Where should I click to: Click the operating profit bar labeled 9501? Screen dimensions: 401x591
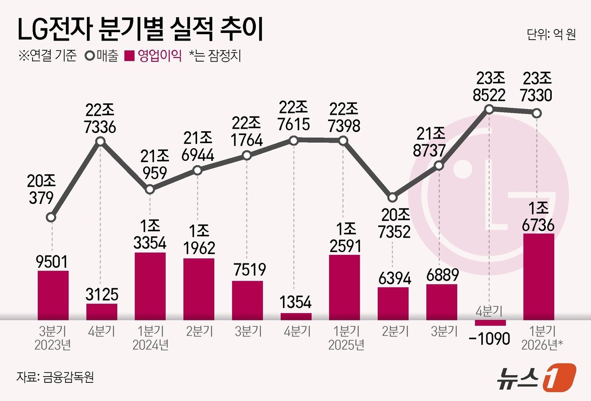pyautogui.click(x=53, y=295)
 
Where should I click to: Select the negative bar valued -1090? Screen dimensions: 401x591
pyautogui.click(x=490, y=323)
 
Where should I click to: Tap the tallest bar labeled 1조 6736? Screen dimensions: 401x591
pyautogui.click(x=539, y=276)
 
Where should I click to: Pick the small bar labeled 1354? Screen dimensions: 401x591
pyautogui.click(x=296, y=316)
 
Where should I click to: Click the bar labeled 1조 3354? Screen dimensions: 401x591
pyautogui.click(x=150, y=286)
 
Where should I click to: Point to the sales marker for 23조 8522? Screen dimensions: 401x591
pyautogui.click(x=489, y=109)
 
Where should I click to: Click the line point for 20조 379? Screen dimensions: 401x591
pyautogui.click(x=51, y=217)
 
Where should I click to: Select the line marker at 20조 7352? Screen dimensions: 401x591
pyautogui.click(x=393, y=197)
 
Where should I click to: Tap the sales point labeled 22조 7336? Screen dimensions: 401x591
pyautogui.click(x=100, y=141)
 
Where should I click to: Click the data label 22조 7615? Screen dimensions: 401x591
pyautogui.click(x=294, y=116)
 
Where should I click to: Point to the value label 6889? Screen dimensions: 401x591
pyautogui.click(x=442, y=275)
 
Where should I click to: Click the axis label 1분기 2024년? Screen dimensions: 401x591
pyautogui.click(x=150, y=338)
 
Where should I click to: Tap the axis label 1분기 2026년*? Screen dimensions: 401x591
pyautogui.click(x=542, y=338)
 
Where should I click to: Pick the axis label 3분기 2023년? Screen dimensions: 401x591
pyautogui.click(x=53, y=338)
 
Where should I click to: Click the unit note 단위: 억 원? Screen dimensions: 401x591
pyautogui.click(x=551, y=34)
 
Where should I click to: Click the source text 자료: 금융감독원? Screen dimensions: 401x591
pyautogui.click(x=55, y=377)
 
